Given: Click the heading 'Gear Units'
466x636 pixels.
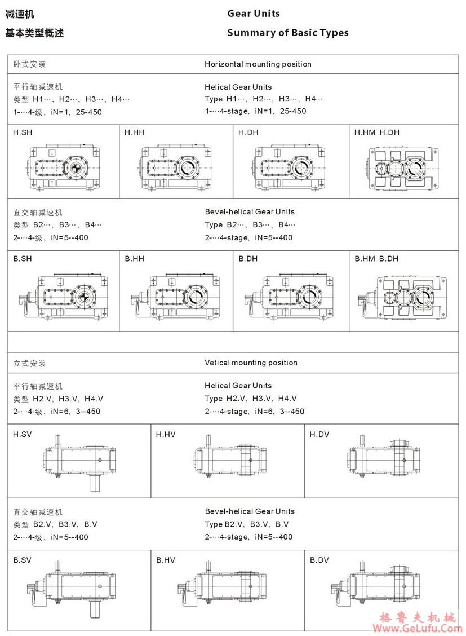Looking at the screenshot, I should [254, 14].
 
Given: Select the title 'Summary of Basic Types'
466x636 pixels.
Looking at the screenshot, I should [287, 33].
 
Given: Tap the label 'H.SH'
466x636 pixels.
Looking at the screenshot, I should [23, 132].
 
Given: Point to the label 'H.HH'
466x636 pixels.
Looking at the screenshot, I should [135, 132].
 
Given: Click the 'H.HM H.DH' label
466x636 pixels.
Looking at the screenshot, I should [376, 132].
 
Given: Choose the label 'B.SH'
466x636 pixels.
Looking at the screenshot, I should [23, 259].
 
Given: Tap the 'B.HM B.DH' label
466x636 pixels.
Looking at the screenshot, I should [376, 259].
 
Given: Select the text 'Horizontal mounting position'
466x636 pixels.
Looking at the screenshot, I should [258, 64].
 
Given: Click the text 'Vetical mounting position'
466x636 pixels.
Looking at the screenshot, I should [251, 363].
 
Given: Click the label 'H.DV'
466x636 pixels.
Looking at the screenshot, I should [319, 434].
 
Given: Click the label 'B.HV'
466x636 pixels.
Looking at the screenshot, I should [166, 560].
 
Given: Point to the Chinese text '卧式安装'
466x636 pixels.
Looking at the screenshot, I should [30, 64].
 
